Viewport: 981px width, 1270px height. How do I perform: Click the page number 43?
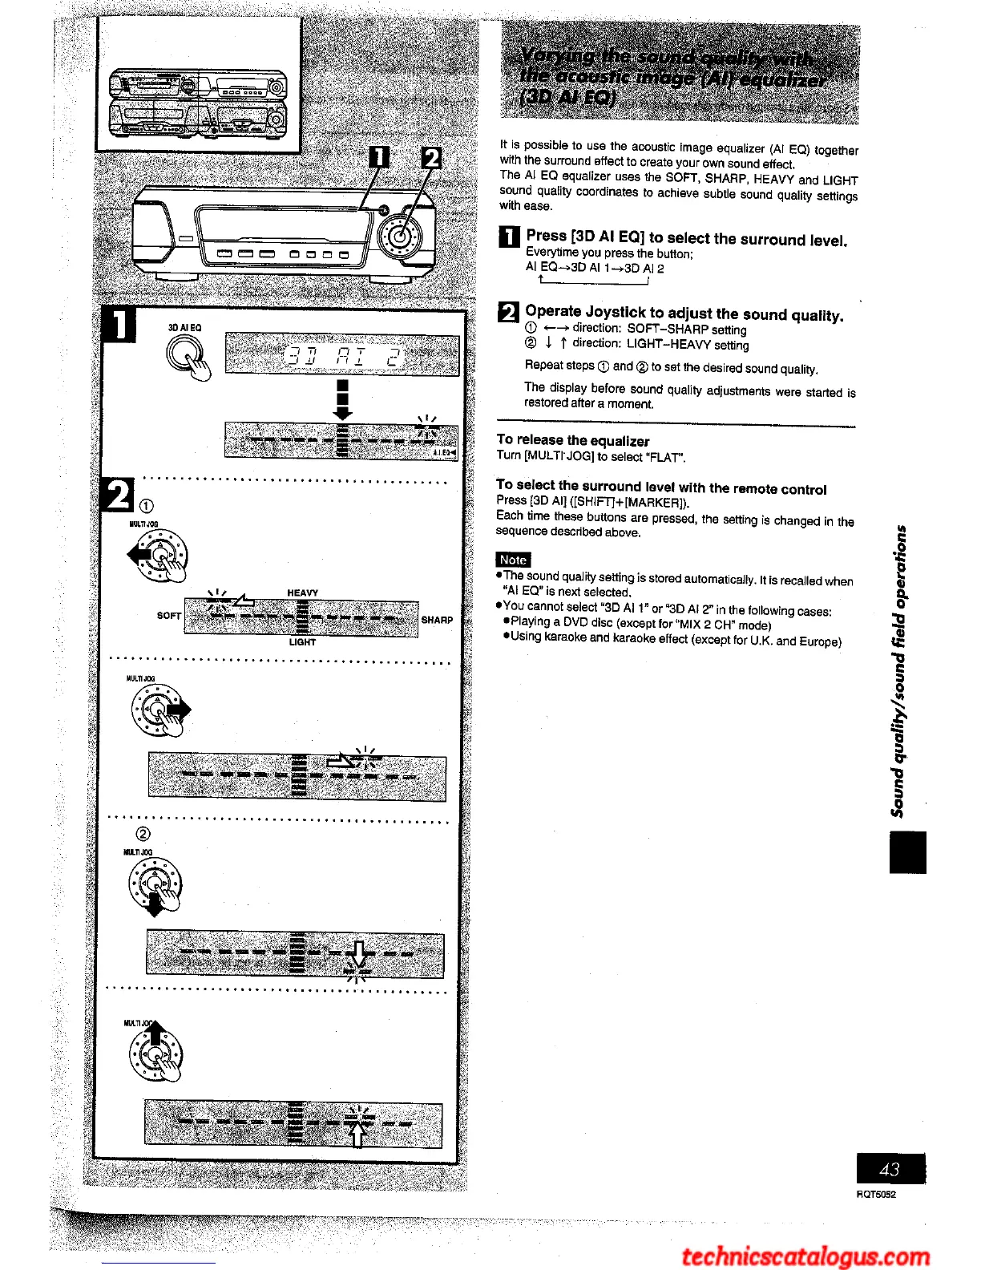pos(890,1169)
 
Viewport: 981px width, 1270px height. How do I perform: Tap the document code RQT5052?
pos(876,1195)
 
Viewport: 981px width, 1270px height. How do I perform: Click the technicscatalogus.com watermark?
pos(805,1256)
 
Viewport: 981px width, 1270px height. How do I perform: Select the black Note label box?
pos(513,560)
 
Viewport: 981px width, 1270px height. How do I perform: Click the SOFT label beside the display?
pos(168,616)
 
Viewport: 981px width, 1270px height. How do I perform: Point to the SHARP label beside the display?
pos(437,620)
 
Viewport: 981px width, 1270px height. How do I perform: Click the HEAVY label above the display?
pos(302,593)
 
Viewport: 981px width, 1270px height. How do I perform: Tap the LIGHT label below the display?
pos(302,642)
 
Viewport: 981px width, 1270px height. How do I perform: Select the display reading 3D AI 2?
pos(342,354)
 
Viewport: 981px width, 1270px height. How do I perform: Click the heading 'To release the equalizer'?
pos(572,440)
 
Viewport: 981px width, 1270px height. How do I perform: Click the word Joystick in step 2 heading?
pos(615,312)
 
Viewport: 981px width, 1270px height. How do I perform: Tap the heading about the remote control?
pos(660,487)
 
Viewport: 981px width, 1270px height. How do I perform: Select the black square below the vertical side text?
pos(907,852)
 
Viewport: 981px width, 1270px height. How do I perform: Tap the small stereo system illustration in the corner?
pos(197,103)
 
